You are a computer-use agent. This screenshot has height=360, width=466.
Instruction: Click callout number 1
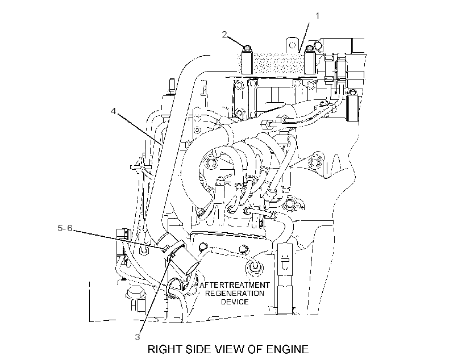318,16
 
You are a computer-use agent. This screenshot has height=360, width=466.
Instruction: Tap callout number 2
224,35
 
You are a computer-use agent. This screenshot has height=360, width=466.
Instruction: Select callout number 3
138,337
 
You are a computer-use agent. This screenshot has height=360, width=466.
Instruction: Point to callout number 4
113,111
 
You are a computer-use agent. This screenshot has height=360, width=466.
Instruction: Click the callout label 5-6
65,228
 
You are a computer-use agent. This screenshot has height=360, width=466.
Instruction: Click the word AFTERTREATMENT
235,285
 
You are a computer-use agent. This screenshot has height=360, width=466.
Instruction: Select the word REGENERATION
235,294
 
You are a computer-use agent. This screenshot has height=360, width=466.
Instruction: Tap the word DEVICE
235,302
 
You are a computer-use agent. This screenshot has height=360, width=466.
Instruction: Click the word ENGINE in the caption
288,349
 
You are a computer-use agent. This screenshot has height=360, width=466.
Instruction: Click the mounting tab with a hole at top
292,45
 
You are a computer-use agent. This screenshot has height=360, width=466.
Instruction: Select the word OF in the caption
257,349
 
